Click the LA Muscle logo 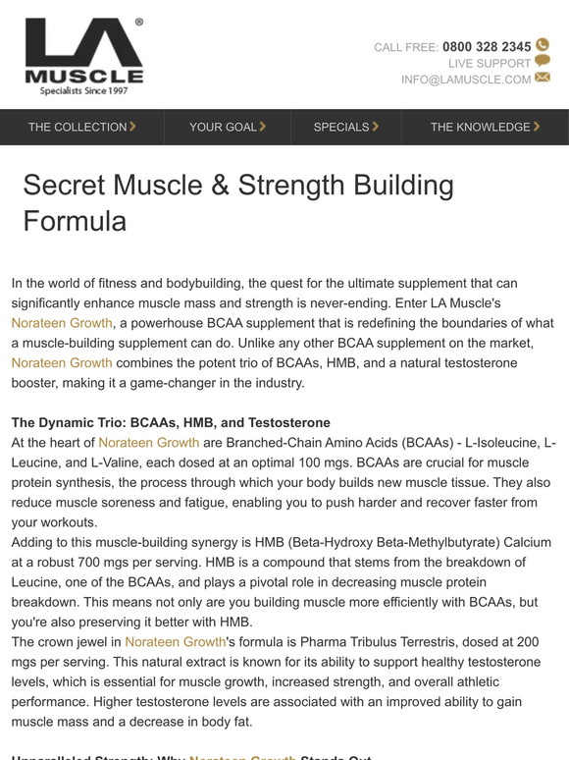[x=84, y=56]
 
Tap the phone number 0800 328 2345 [x=487, y=46]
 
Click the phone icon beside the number [x=543, y=45]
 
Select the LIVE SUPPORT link [x=490, y=63]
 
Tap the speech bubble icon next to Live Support [x=543, y=62]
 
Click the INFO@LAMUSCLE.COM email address [x=466, y=80]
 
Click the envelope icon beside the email [x=543, y=79]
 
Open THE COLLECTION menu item [x=81, y=127]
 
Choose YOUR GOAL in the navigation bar [x=227, y=127]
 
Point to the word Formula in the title [x=75, y=221]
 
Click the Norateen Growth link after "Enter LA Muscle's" [x=63, y=322]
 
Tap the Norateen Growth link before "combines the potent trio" [x=63, y=362]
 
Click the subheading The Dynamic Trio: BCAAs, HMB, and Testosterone [x=171, y=422]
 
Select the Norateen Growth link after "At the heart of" [x=149, y=443]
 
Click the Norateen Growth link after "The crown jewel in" [x=176, y=641]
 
